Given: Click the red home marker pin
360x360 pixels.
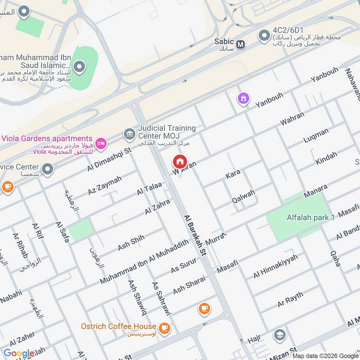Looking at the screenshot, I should click(x=180, y=161).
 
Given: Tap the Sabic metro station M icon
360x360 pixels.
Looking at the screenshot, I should click(x=241, y=44).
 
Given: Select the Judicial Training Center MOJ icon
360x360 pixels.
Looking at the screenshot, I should click(x=129, y=134).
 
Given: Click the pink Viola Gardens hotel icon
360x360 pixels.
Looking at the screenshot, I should click(x=102, y=143).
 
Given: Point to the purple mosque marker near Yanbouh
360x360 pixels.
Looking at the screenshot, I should click(x=243, y=98).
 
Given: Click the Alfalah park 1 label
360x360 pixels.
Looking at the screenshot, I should click(x=308, y=218).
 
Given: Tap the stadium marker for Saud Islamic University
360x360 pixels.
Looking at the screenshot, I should click(x=80, y=67).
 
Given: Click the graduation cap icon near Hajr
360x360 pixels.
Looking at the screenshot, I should click(x=279, y=335).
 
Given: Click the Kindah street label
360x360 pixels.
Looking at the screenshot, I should click(x=326, y=158).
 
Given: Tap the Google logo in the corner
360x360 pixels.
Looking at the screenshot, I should click(x=19, y=353).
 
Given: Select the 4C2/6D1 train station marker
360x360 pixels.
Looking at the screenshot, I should click(x=263, y=35).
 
